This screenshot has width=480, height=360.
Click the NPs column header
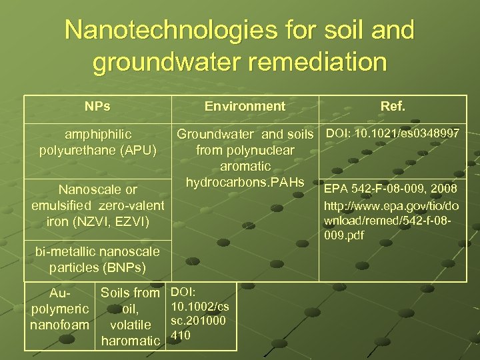click(98, 106)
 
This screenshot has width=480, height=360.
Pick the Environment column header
click(245, 106)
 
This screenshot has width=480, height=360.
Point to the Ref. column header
click(392, 106)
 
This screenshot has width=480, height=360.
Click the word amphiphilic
click(98, 135)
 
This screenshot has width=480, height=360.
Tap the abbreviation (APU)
click(134, 151)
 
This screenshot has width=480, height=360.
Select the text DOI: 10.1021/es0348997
click(392, 135)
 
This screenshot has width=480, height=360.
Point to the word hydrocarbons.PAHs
click(245, 183)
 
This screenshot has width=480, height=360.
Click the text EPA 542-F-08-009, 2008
click(391, 189)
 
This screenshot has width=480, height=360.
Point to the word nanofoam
click(59, 325)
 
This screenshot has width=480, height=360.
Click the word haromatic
click(131, 341)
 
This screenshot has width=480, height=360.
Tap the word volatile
click(131, 325)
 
